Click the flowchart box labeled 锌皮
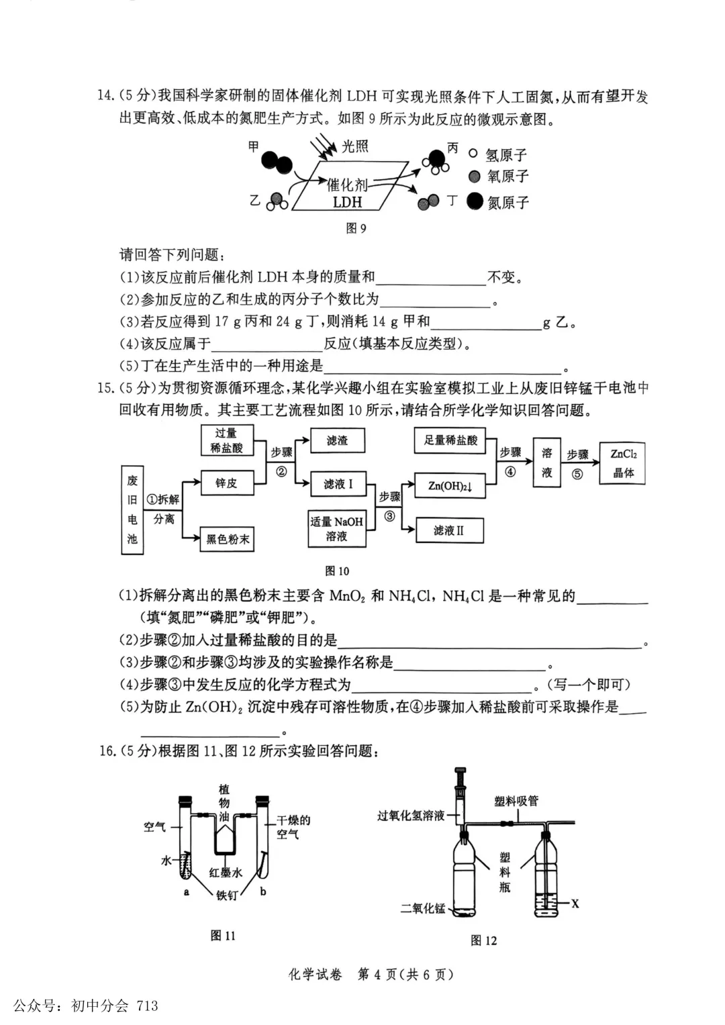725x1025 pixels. click(227, 483)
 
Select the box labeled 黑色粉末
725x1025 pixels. click(227, 539)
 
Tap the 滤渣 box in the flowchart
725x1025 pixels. click(337, 440)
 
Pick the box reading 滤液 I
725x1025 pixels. click(338, 484)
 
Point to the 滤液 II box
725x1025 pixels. click(449, 530)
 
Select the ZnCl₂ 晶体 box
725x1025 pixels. click(623, 462)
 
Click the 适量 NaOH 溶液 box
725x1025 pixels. click(337, 528)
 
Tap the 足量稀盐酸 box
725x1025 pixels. click(450, 440)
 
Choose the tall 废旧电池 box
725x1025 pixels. click(132, 509)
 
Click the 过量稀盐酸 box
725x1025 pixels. click(227, 440)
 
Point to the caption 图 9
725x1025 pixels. click(356, 228)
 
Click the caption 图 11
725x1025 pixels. click(223, 935)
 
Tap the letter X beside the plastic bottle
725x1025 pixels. click(575, 904)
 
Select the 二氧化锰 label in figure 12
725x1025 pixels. click(423, 908)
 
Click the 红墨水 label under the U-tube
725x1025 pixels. click(226, 872)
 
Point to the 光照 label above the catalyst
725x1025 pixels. click(355, 146)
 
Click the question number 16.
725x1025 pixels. click(107, 750)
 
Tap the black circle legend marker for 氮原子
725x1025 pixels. click(475, 201)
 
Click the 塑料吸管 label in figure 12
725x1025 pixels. click(516, 801)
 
